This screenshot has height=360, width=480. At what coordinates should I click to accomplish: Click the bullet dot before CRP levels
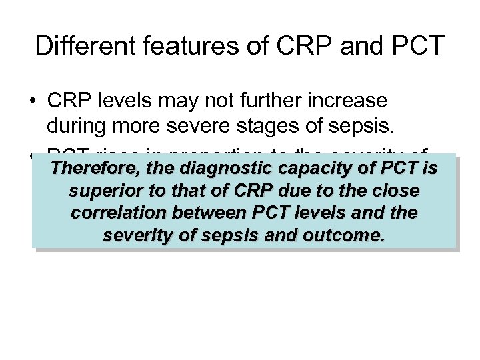click(x=32, y=101)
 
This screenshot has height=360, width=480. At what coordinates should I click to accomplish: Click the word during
click(x=77, y=124)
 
